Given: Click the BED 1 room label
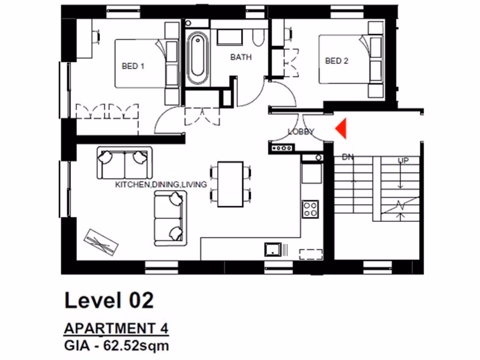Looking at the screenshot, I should point(133,66).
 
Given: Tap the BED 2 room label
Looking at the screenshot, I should point(337,61).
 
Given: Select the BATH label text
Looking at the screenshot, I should point(241,57).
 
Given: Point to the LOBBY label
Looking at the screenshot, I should point(301,132).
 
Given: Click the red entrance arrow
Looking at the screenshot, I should point(342,128).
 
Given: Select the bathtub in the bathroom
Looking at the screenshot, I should point(197,58).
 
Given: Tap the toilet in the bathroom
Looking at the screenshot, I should point(258,37).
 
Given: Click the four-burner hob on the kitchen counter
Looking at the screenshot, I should point(310,209).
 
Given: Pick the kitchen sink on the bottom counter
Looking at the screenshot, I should point(272,249).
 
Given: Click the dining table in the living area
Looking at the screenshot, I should point(230,184).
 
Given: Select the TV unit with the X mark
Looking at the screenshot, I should point(101,242).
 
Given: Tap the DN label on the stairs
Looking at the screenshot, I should point(347,157).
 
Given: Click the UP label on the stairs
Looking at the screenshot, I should point(403,160).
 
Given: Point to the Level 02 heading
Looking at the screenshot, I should point(109,300).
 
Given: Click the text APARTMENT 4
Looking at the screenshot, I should point(116,328).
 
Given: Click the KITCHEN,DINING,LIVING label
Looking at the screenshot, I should point(161,185).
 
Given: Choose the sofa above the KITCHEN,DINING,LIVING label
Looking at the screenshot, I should point(125,162).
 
